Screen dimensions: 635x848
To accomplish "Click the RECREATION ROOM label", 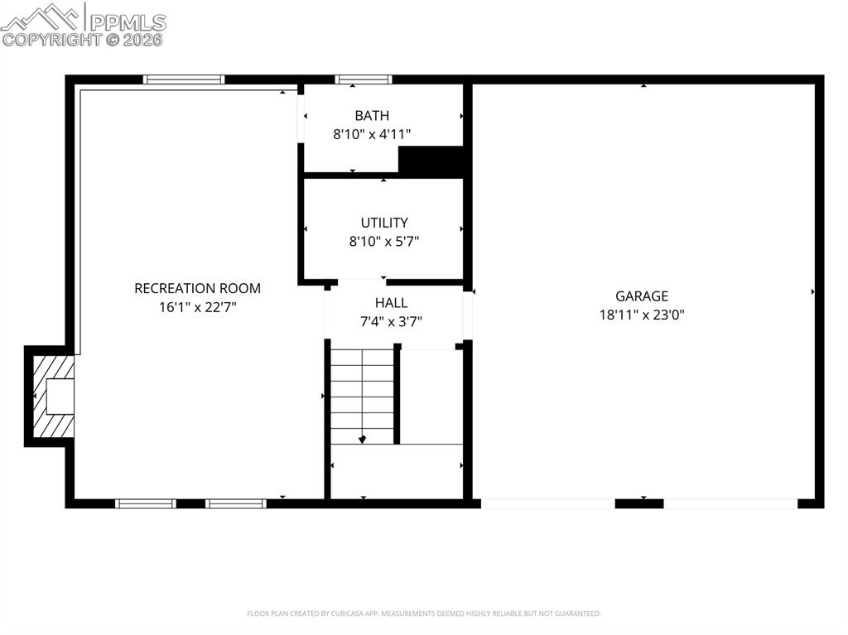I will click(x=197, y=288).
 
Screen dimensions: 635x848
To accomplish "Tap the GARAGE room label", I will click(x=641, y=296).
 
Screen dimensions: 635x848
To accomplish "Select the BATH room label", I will click(x=372, y=116).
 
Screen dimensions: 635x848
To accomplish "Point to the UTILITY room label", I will click(x=384, y=223).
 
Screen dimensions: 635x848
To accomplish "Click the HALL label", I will click(x=391, y=303).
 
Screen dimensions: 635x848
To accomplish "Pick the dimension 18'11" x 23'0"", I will click(x=642, y=315).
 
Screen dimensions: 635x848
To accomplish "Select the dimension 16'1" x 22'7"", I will click(x=197, y=306).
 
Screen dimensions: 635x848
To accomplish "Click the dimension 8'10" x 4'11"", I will click(x=372, y=133).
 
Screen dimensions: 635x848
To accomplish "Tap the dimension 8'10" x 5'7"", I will click(x=384, y=241).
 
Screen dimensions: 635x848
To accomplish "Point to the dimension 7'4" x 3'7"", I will click(x=391, y=321).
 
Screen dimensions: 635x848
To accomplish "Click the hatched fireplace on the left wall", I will click(x=52, y=396).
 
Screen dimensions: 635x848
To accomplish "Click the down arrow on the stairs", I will click(x=363, y=439).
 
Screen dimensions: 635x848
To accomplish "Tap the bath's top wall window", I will click(x=363, y=79).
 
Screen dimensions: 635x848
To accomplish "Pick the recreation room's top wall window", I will click(x=184, y=79).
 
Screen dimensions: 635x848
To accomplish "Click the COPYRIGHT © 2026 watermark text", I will click(x=83, y=39).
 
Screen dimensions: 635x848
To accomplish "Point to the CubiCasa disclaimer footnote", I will click(x=423, y=613).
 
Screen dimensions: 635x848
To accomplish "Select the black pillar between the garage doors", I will click(x=639, y=503).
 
